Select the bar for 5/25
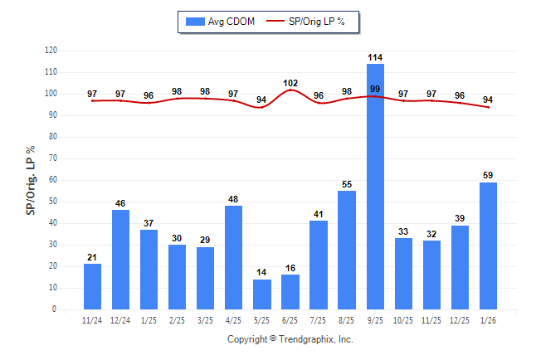click(262, 294)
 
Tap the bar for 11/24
click(93, 287)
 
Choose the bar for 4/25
click(234, 258)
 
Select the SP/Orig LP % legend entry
click(312, 22)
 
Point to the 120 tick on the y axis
click(51, 51)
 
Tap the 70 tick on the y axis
click(53, 158)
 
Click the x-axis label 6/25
click(290, 320)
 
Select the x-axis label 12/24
click(121, 320)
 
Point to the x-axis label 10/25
click(403, 320)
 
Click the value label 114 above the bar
click(375, 57)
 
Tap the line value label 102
click(290, 83)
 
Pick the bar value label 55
click(347, 184)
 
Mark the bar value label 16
click(290, 268)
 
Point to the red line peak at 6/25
click(290, 90)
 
